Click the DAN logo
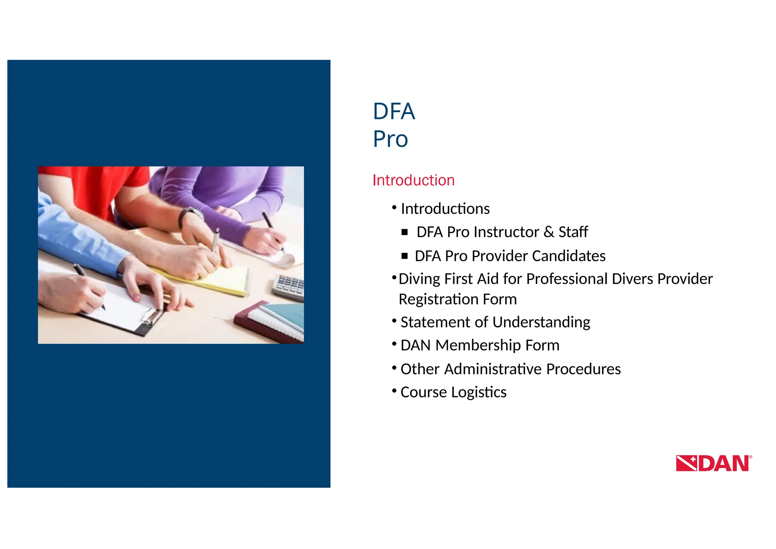[x=713, y=463]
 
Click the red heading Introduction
[x=413, y=180]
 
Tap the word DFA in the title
[x=394, y=111]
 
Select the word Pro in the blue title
[x=390, y=139]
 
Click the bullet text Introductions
[x=445, y=209]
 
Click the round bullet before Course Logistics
[x=394, y=391]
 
